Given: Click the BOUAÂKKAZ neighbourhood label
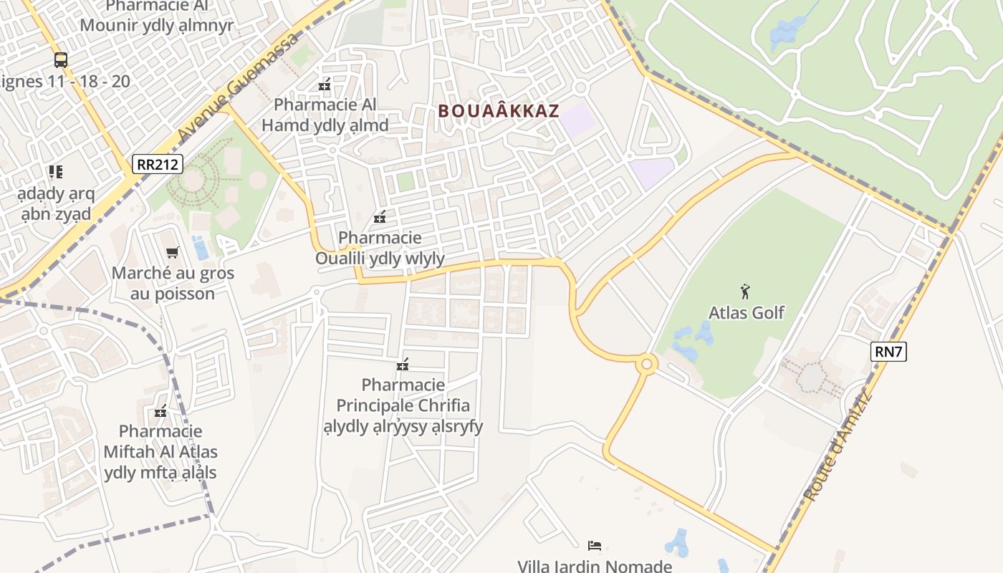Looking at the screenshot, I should pos(498,111).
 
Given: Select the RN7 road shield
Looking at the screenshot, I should pos(889,351).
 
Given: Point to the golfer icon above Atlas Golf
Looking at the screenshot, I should pos(745,292).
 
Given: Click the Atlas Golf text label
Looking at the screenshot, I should pos(746,313).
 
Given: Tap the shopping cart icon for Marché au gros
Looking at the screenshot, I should pos(172,252).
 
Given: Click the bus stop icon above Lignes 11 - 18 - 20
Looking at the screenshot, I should pos(61,60).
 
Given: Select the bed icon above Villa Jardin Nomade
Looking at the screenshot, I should pos(594,546).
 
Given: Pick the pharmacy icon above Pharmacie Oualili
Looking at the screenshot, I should pos(380,217).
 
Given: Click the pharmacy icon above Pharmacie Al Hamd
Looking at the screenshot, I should pos(325,85).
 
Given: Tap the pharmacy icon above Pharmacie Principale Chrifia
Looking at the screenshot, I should pos(403,365).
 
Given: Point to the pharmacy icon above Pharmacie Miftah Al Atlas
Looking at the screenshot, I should pos(160,411).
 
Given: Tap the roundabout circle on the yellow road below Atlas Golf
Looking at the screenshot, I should pos(647,365).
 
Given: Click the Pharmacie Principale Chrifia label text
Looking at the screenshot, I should pos(403,405).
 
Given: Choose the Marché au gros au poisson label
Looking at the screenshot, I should pos(173,284).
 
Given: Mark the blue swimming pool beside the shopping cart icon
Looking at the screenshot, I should pos(201,248).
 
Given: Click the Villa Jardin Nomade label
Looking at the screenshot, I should pos(595,566).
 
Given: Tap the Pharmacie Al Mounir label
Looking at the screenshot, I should pos(157,16).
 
